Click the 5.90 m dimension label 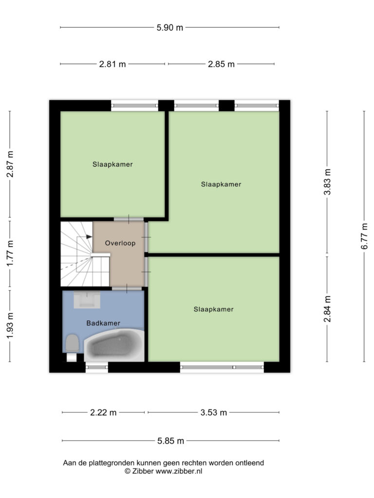pyautogui.click(x=170, y=28)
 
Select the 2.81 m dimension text pyautogui.click(x=112, y=64)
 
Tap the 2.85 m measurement pyautogui.click(x=222, y=64)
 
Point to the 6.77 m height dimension pyautogui.click(x=364, y=236)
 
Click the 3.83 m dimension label pyautogui.click(x=327, y=182)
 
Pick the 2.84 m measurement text pyautogui.click(x=327, y=309)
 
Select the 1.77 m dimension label pyautogui.click(x=11, y=253)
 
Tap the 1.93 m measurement pyautogui.click(x=11, y=325)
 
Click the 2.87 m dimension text pyautogui.click(x=11, y=164)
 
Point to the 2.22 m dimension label pyautogui.click(x=103, y=412)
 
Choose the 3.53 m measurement pyautogui.click(x=214, y=412)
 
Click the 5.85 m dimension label pyautogui.click(x=171, y=441)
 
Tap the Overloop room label pyautogui.click(x=120, y=243)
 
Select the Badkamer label pyautogui.click(x=103, y=323)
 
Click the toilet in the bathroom pyautogui.click(x=72, y=346)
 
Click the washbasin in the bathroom pyautogui.click(x=87, y=300)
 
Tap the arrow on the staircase pyautogui.click(x=89, y=237)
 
